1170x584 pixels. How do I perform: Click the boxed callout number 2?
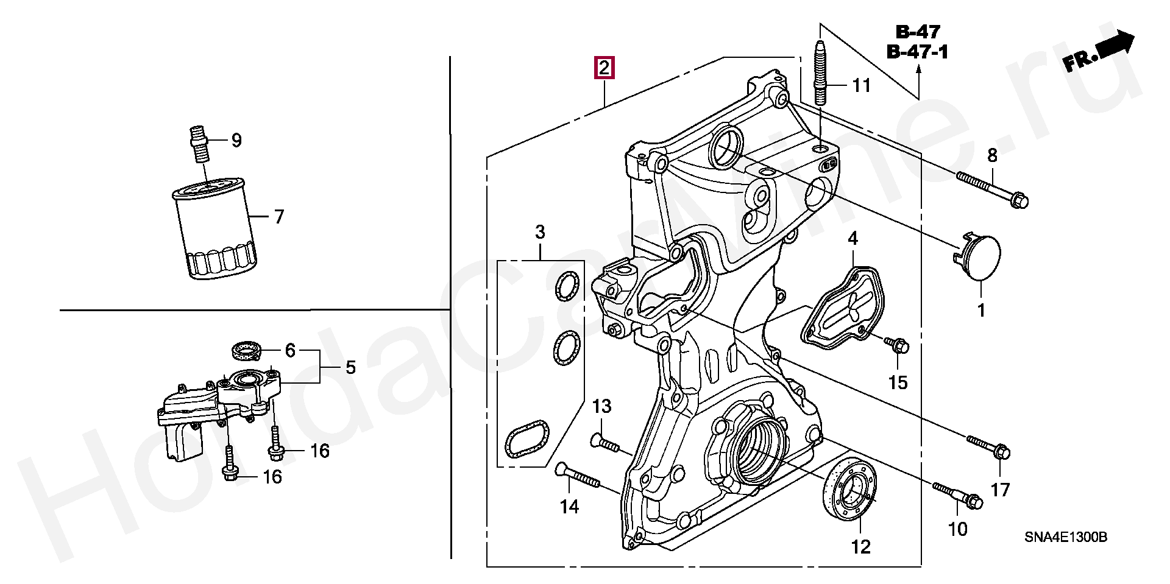(604, 68)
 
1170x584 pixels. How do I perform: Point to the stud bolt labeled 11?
(820, 74)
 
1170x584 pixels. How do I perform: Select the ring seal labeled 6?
(247, 350)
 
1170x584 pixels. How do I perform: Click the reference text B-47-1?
(918, 52)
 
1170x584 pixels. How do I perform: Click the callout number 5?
(350, 367)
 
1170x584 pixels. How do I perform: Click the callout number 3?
(540, 232)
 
